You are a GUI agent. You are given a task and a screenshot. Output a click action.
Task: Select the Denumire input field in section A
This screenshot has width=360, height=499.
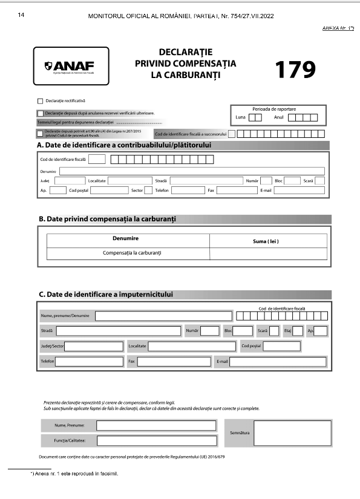coord(188,171)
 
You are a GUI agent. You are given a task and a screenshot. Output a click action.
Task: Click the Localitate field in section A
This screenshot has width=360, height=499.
coord(129,180)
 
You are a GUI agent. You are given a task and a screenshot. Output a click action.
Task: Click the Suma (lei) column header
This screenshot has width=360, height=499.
coord(266,241)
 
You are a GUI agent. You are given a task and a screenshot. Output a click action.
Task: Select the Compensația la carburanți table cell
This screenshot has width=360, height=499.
coord(128,253)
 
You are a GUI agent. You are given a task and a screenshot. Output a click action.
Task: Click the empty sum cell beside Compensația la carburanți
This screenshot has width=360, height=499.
coord(267,253)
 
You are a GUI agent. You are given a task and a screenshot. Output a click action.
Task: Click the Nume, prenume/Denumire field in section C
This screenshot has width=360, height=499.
coord(163,316)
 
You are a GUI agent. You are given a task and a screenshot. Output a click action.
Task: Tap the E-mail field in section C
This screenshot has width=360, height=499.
coord(278,362)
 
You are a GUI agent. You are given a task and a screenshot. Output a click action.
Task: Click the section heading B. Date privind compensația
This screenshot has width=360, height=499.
coord(109,219)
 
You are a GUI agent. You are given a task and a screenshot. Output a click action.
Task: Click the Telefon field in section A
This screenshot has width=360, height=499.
coord(186,190)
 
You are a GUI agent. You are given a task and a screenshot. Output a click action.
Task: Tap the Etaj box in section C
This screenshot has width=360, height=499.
coord(297,331)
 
